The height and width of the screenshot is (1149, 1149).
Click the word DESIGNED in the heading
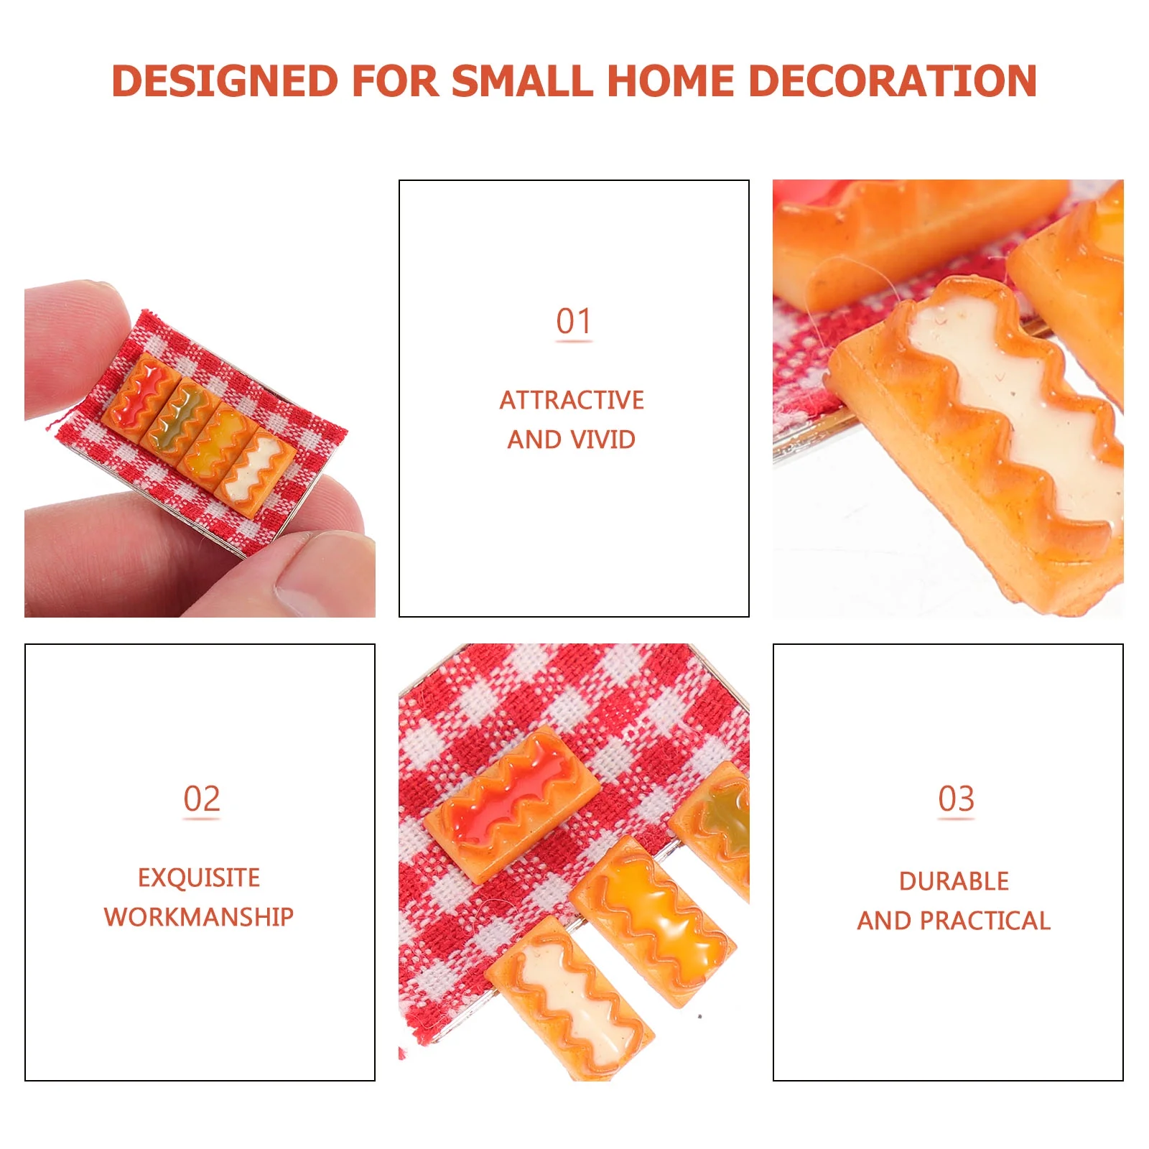(225, 80)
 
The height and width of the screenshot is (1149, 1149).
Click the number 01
(574, 321)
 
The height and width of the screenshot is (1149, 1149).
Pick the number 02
(201, 799)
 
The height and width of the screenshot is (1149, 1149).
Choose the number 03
(956, 799)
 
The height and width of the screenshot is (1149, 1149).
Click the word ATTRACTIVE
(572, 400)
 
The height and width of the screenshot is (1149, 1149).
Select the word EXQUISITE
(199, 878)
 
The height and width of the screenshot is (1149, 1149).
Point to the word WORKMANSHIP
(199, 916)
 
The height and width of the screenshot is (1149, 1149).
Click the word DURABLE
(954, 881)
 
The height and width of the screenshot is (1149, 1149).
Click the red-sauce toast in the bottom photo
(512, 803)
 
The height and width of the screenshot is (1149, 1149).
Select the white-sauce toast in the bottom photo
(570, 998)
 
